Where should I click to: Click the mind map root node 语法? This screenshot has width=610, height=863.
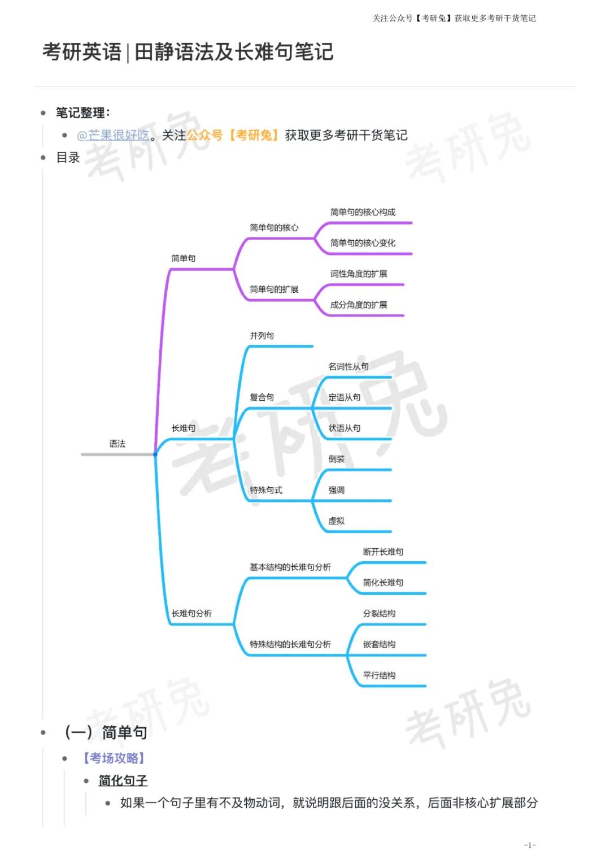coord(117,444)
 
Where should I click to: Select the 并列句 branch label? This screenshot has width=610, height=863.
coord(262,336)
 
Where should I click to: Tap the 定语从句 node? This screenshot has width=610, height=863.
coord(345,397)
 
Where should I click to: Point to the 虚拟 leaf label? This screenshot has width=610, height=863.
coord(337,521)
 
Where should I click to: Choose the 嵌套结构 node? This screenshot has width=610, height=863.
coord(379,644)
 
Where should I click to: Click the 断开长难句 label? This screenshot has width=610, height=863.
coord(383,552)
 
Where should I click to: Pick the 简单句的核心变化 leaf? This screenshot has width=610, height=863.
coord(363,243)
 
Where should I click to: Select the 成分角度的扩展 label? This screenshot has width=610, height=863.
coord(359,305)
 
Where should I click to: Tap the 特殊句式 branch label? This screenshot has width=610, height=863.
coord(266,490)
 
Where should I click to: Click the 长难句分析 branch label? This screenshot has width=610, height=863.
coord(191,614)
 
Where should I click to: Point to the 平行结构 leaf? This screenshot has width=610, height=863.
coord(379,675)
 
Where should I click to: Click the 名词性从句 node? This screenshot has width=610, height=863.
coord(348,367)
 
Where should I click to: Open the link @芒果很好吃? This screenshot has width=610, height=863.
coord(113,136)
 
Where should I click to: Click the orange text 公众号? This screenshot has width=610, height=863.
coord(204,136)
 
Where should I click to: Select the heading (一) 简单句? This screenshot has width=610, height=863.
coord(106,732)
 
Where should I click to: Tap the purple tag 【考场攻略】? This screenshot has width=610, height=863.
coord(114,758)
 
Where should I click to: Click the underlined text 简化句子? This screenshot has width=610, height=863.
coord(123,780)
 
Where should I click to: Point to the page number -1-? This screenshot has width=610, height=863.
coord(529,845)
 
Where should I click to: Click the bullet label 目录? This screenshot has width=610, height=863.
coord(68,158)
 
